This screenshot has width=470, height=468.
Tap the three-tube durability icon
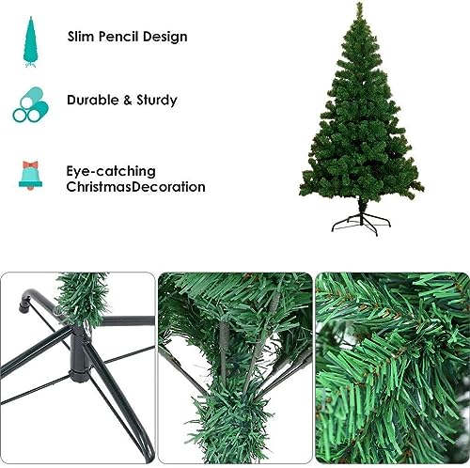(28, 104)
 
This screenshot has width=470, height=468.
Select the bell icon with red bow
(28, 174)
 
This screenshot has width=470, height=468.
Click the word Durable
(94, 99)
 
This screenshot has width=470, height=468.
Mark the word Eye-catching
(111, 171)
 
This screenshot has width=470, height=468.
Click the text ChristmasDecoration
(135, 186)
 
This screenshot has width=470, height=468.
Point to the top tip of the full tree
(359, 7)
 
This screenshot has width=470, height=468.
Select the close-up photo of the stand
(77, 368)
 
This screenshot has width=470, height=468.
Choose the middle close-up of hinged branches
(235, 368)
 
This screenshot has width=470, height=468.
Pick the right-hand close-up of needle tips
(392, 368)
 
